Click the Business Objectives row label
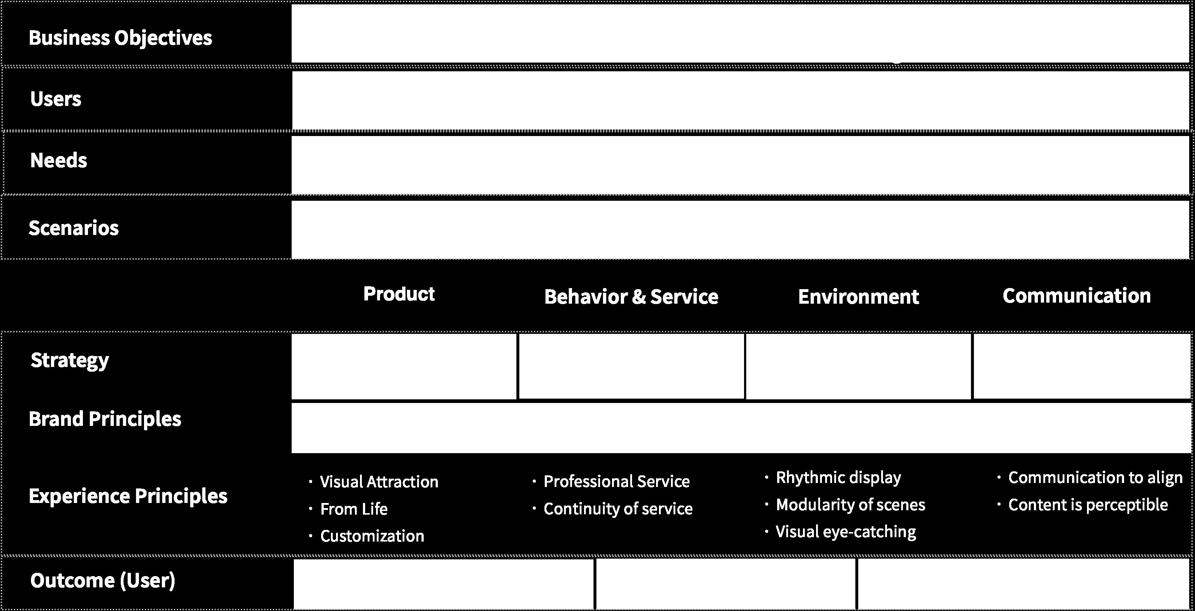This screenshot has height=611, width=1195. point(120,37)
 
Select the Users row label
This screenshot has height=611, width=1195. point(56,99)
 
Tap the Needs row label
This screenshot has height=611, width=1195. point(59,160)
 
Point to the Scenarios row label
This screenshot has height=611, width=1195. point(74,228)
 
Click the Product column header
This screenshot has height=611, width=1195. point(399,293)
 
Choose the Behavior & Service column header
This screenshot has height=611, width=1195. point(631,296)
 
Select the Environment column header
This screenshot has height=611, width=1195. point(858,296)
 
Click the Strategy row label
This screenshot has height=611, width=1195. point(69,360)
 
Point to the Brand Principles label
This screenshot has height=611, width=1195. point(105,419)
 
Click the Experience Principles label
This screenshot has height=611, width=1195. point(128,496)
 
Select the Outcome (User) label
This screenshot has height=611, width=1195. point(103,580)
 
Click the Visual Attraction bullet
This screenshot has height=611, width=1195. point(379,482)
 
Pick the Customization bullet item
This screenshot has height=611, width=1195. point(372,536)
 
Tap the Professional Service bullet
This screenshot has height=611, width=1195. point(616,481)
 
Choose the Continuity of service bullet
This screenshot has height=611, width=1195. point(618,508)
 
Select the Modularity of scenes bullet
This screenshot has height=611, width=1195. point(850,504)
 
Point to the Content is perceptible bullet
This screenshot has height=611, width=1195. point(1088,504)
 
